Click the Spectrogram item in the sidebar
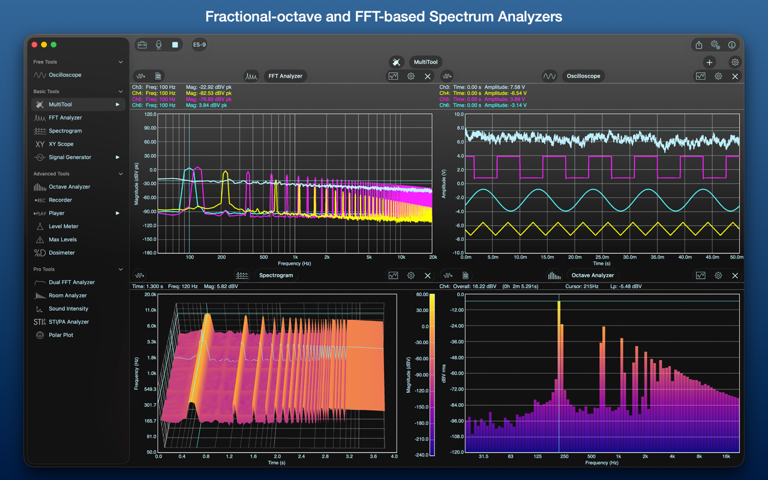(x=65, y=131)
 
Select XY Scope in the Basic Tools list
(x=61, y=144)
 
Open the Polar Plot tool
(x=61, y=335)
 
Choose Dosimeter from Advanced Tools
(x=61, y=253)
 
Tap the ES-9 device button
(x=199, y=44)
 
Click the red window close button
(x=34, y=44)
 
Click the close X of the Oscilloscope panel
(x=735, y=76)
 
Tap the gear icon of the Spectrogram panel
(x=411, y=275)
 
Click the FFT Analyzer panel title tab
(x=285, y=76)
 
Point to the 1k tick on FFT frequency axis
(x=295, y=257)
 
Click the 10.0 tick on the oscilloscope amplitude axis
(x=459, y=114)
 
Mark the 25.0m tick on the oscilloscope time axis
(x=602, y=257)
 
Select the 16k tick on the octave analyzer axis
(x=726, y=457)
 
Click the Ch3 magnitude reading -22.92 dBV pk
(x=208, y=87)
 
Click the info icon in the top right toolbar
(x=731, y=44)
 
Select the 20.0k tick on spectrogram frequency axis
(x=150, y=295)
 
